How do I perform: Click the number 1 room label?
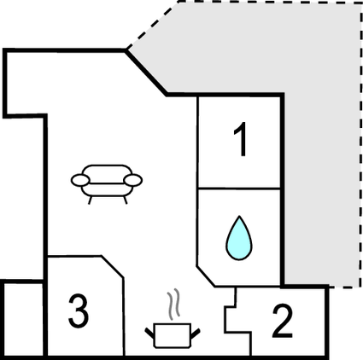tap(241, 139)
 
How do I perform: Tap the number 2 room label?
tap(283, 321)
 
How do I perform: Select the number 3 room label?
tap(79, 311)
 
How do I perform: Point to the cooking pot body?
tap(173, 335)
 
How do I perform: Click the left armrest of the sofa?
tap(80, 180)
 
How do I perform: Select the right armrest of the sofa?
tap(133, 180)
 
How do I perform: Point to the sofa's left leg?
tap(90, 200)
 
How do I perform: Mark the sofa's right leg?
tap(125, 200)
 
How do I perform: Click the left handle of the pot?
tap(149, 333)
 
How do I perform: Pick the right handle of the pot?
tap(196, 334)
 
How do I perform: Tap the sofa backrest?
tap(107, 174)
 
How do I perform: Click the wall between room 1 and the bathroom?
tap(239, 189)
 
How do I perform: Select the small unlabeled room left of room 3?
tap(23, 319)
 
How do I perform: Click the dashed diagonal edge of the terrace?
tap(152, 26)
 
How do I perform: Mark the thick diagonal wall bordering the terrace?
tap(146, 73)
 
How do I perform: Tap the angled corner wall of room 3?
tap(112, 267)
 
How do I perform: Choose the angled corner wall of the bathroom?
tap(206, 276)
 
